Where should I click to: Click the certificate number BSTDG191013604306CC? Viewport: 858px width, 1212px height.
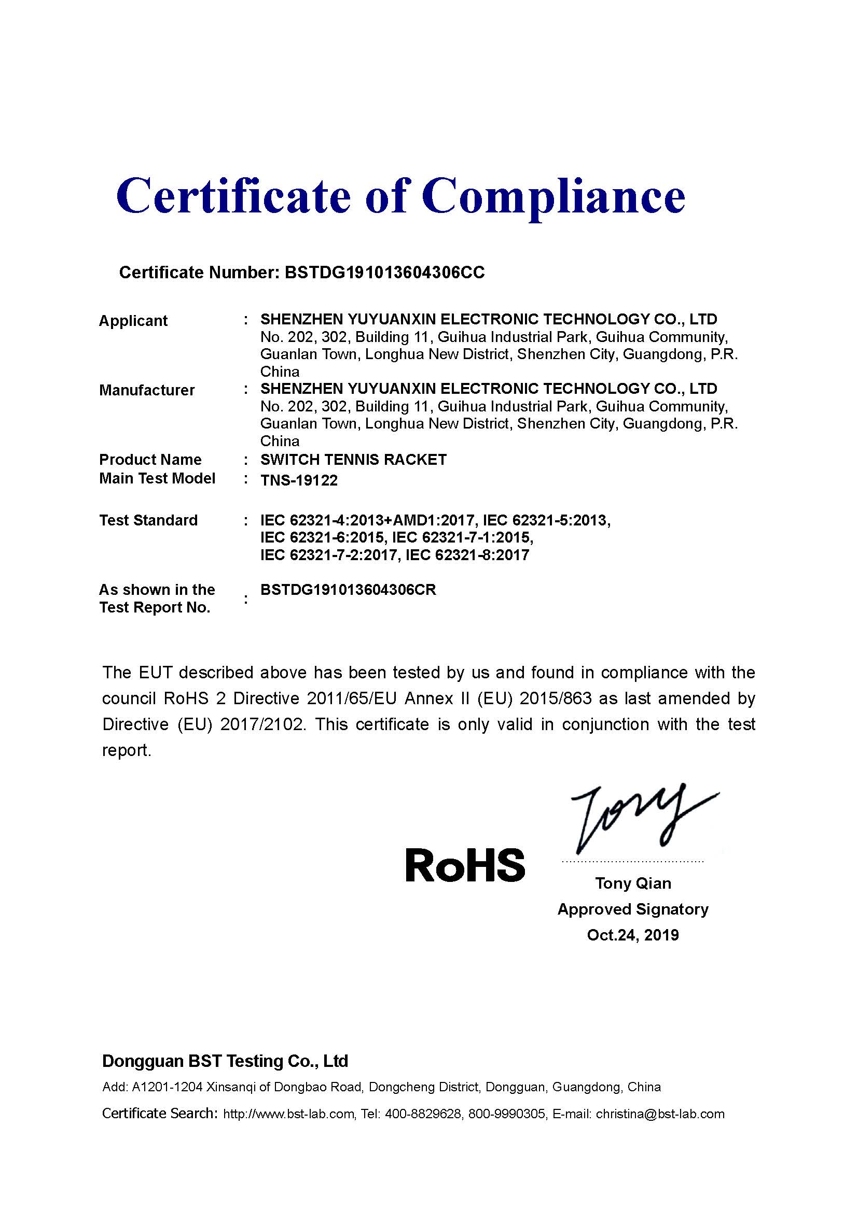(384, 273)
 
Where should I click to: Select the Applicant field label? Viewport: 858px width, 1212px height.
(133, 321)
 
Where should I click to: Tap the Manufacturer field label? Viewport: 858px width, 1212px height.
(147, 390)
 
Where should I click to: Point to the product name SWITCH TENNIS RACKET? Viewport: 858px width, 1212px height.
(353, 460)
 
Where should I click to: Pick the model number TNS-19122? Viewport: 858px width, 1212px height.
(299, 480)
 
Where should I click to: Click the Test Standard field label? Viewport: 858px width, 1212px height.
(148, 520)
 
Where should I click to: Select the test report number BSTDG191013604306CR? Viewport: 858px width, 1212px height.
(348, 590)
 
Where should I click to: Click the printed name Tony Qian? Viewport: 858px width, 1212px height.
(633, 883)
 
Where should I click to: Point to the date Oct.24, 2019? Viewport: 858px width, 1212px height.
(633, 935)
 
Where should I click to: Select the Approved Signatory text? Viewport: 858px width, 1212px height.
(633, 909)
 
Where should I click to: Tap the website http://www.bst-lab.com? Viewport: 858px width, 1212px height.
(288, 1114)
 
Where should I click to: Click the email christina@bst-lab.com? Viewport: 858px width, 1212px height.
(660, 1114)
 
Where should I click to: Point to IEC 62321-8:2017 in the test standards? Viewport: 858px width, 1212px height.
(467, 555)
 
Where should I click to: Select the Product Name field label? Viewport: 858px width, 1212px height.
(150, 460)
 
